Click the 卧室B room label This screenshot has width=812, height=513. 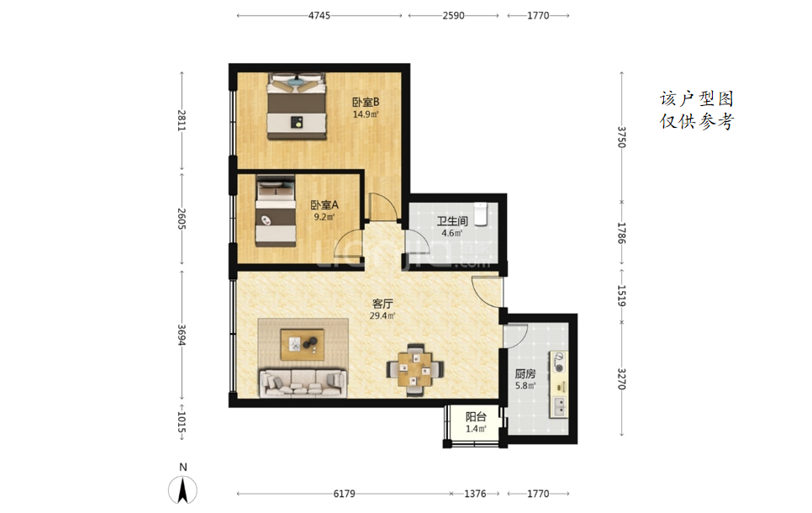(366, 102)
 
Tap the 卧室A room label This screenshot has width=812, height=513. (324, 205)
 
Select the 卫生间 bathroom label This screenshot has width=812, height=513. (452, 221)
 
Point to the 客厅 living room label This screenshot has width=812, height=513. (382, 304)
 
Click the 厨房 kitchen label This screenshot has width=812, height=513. (525, 373)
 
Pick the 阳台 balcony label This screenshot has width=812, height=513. (476, 416)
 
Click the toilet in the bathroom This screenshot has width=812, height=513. (481, 214)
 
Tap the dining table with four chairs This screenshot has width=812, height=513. (414, 369)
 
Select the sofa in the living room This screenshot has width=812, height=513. (303, 383)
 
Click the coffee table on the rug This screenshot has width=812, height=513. (303, 345)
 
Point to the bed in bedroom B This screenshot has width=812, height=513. (297, 106)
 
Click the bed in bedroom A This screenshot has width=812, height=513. (276, 211)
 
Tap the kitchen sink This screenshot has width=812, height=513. (559, 406)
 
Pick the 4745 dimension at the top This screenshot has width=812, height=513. (319, 15)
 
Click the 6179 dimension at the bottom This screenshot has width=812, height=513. (345, 494)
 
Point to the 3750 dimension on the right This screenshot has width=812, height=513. (621, 137)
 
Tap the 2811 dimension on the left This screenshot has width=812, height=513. (182, 120)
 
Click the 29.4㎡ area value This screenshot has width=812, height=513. (382, 315)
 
